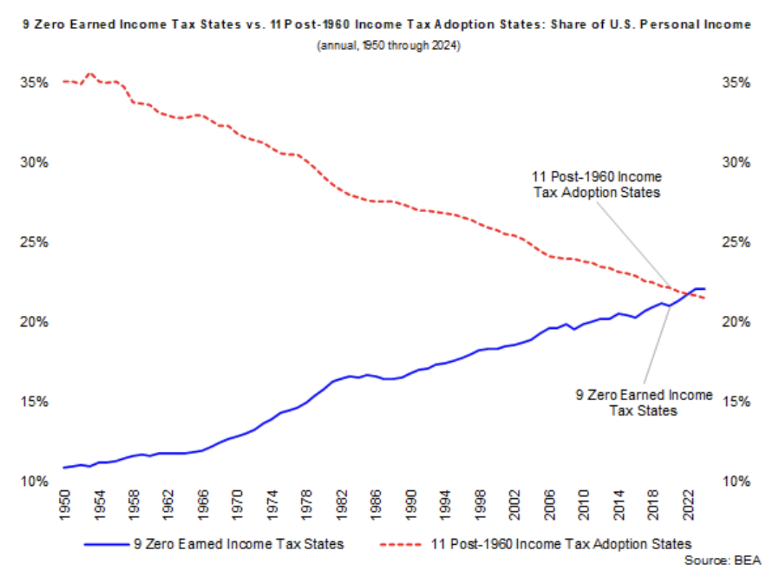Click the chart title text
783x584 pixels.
[391, 25]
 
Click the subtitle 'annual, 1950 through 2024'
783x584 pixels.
[391, 45]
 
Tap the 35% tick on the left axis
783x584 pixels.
[34, 82]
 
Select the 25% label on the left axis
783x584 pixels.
[34, 242]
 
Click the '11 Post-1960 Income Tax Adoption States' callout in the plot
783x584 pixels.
[596, 184]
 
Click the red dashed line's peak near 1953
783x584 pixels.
[90, 73]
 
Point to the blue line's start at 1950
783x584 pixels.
[65, 468]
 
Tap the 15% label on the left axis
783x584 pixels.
[34, 402]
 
